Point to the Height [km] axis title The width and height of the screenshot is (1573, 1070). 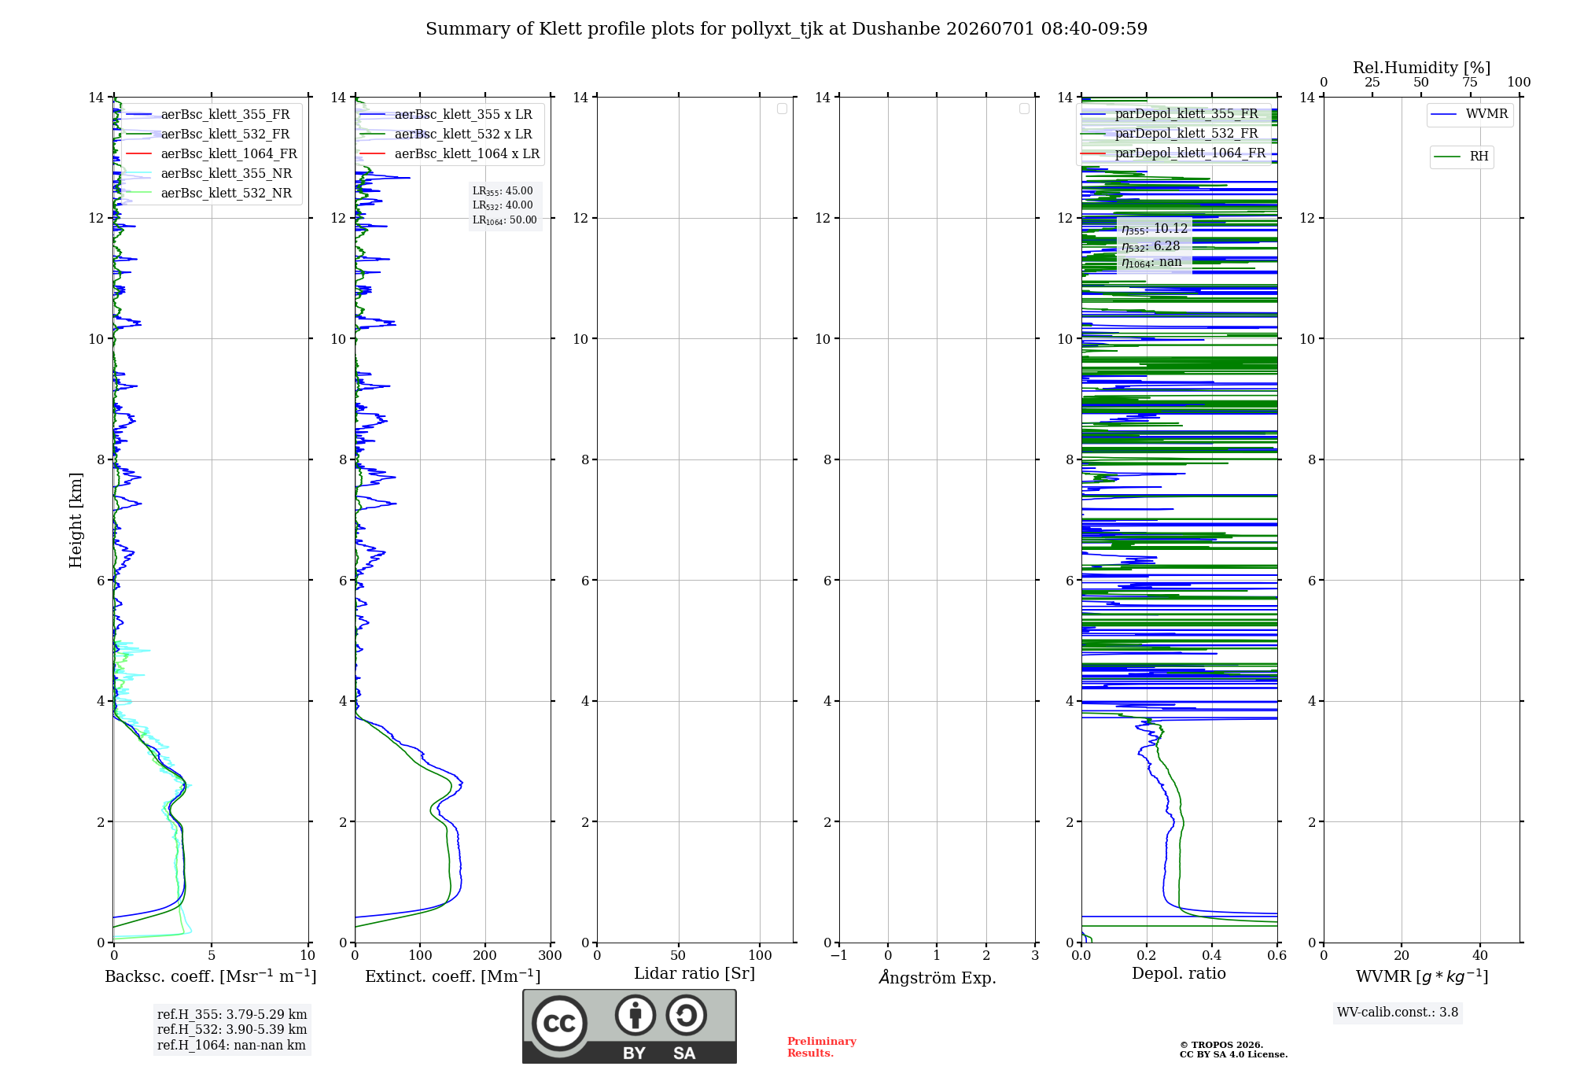pos(76,520)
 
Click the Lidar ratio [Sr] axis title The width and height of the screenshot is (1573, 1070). pos(694,973)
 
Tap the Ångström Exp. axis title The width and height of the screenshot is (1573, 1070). pos(938,976)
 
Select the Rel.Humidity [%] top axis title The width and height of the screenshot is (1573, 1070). pos(1421,68)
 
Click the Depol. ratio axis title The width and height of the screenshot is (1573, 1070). pos(1179,973)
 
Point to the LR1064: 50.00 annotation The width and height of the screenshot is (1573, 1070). pos(505,220)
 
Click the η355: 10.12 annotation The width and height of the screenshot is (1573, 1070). pos(1155,229)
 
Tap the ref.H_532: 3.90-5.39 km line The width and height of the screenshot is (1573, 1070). pos(232,1029)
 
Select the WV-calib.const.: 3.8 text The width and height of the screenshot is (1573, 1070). pos(1398,1013)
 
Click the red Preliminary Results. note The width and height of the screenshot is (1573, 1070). pos(822,1047)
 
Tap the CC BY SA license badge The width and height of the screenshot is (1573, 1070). pos(629,1027)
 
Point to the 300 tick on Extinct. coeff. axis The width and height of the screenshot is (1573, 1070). pos(551,955)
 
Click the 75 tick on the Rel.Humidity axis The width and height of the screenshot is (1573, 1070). pos(1470,82)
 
